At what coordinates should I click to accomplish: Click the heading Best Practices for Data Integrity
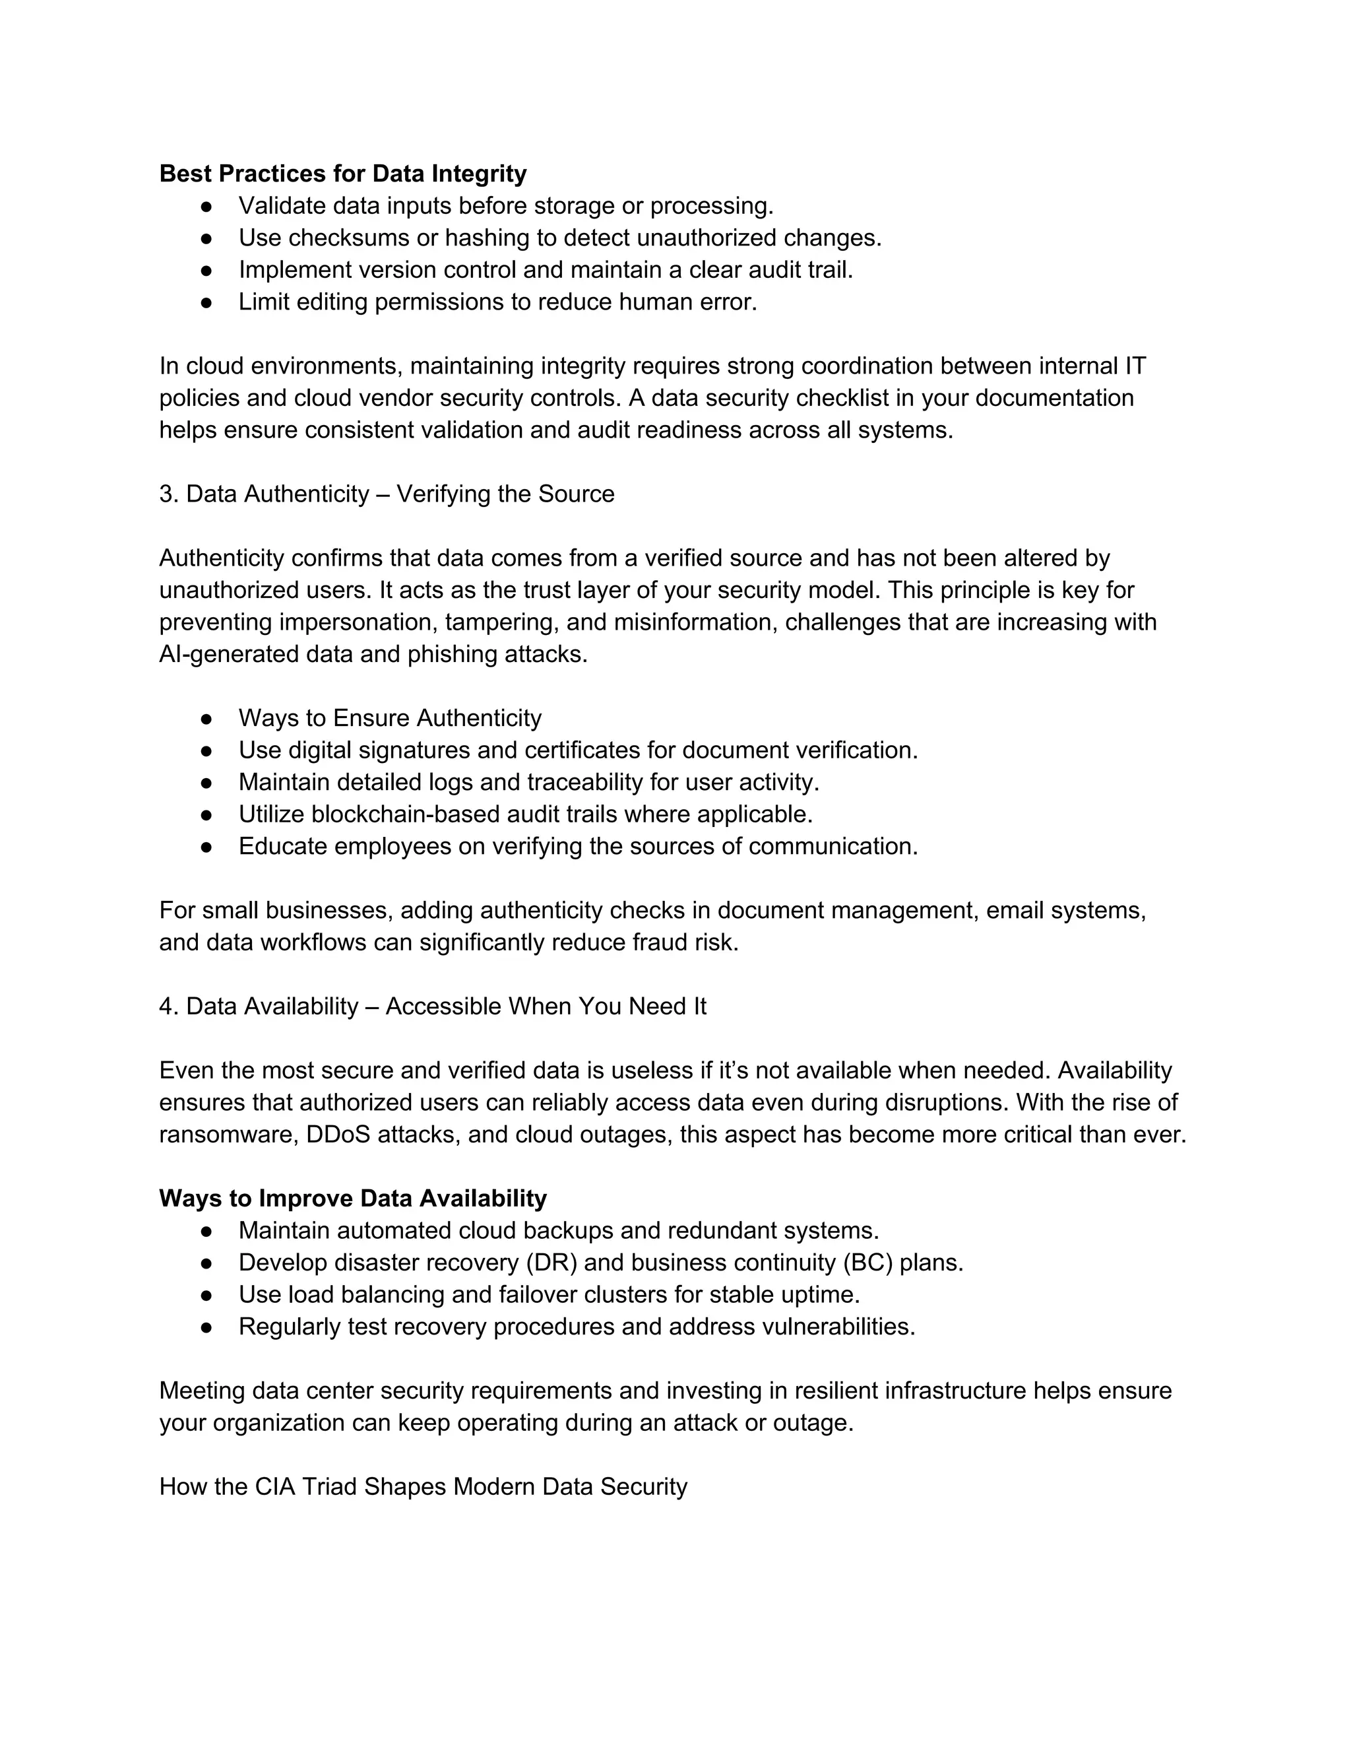point(342,174)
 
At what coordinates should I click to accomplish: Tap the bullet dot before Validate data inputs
point(206,207)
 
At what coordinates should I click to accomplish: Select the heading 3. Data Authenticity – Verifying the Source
point(387,494)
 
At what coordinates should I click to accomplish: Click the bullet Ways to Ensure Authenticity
point(390,718)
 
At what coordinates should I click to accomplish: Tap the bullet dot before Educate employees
point(206,847)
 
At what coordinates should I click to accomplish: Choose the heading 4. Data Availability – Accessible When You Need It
point(432,1006)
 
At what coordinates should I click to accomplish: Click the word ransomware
point(228,1135)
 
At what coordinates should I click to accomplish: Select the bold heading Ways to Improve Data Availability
point(353,1199)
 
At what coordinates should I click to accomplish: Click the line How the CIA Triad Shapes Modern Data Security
point(424,1487)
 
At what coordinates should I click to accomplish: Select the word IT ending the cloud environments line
point(1135,366)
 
